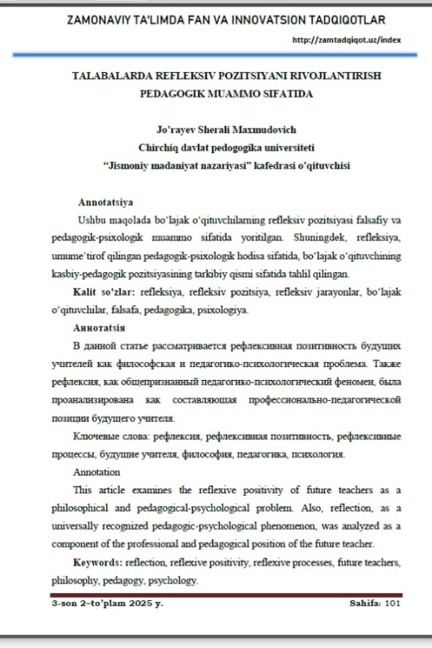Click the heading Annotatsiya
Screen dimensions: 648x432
click(x=105, y=201)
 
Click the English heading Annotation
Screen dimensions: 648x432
click(x=96, y=471)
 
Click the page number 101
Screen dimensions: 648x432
click(x=393, y=603)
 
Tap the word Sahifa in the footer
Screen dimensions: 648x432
click(x=365, y=603)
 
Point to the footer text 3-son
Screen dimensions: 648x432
click(x=64, y=603)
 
